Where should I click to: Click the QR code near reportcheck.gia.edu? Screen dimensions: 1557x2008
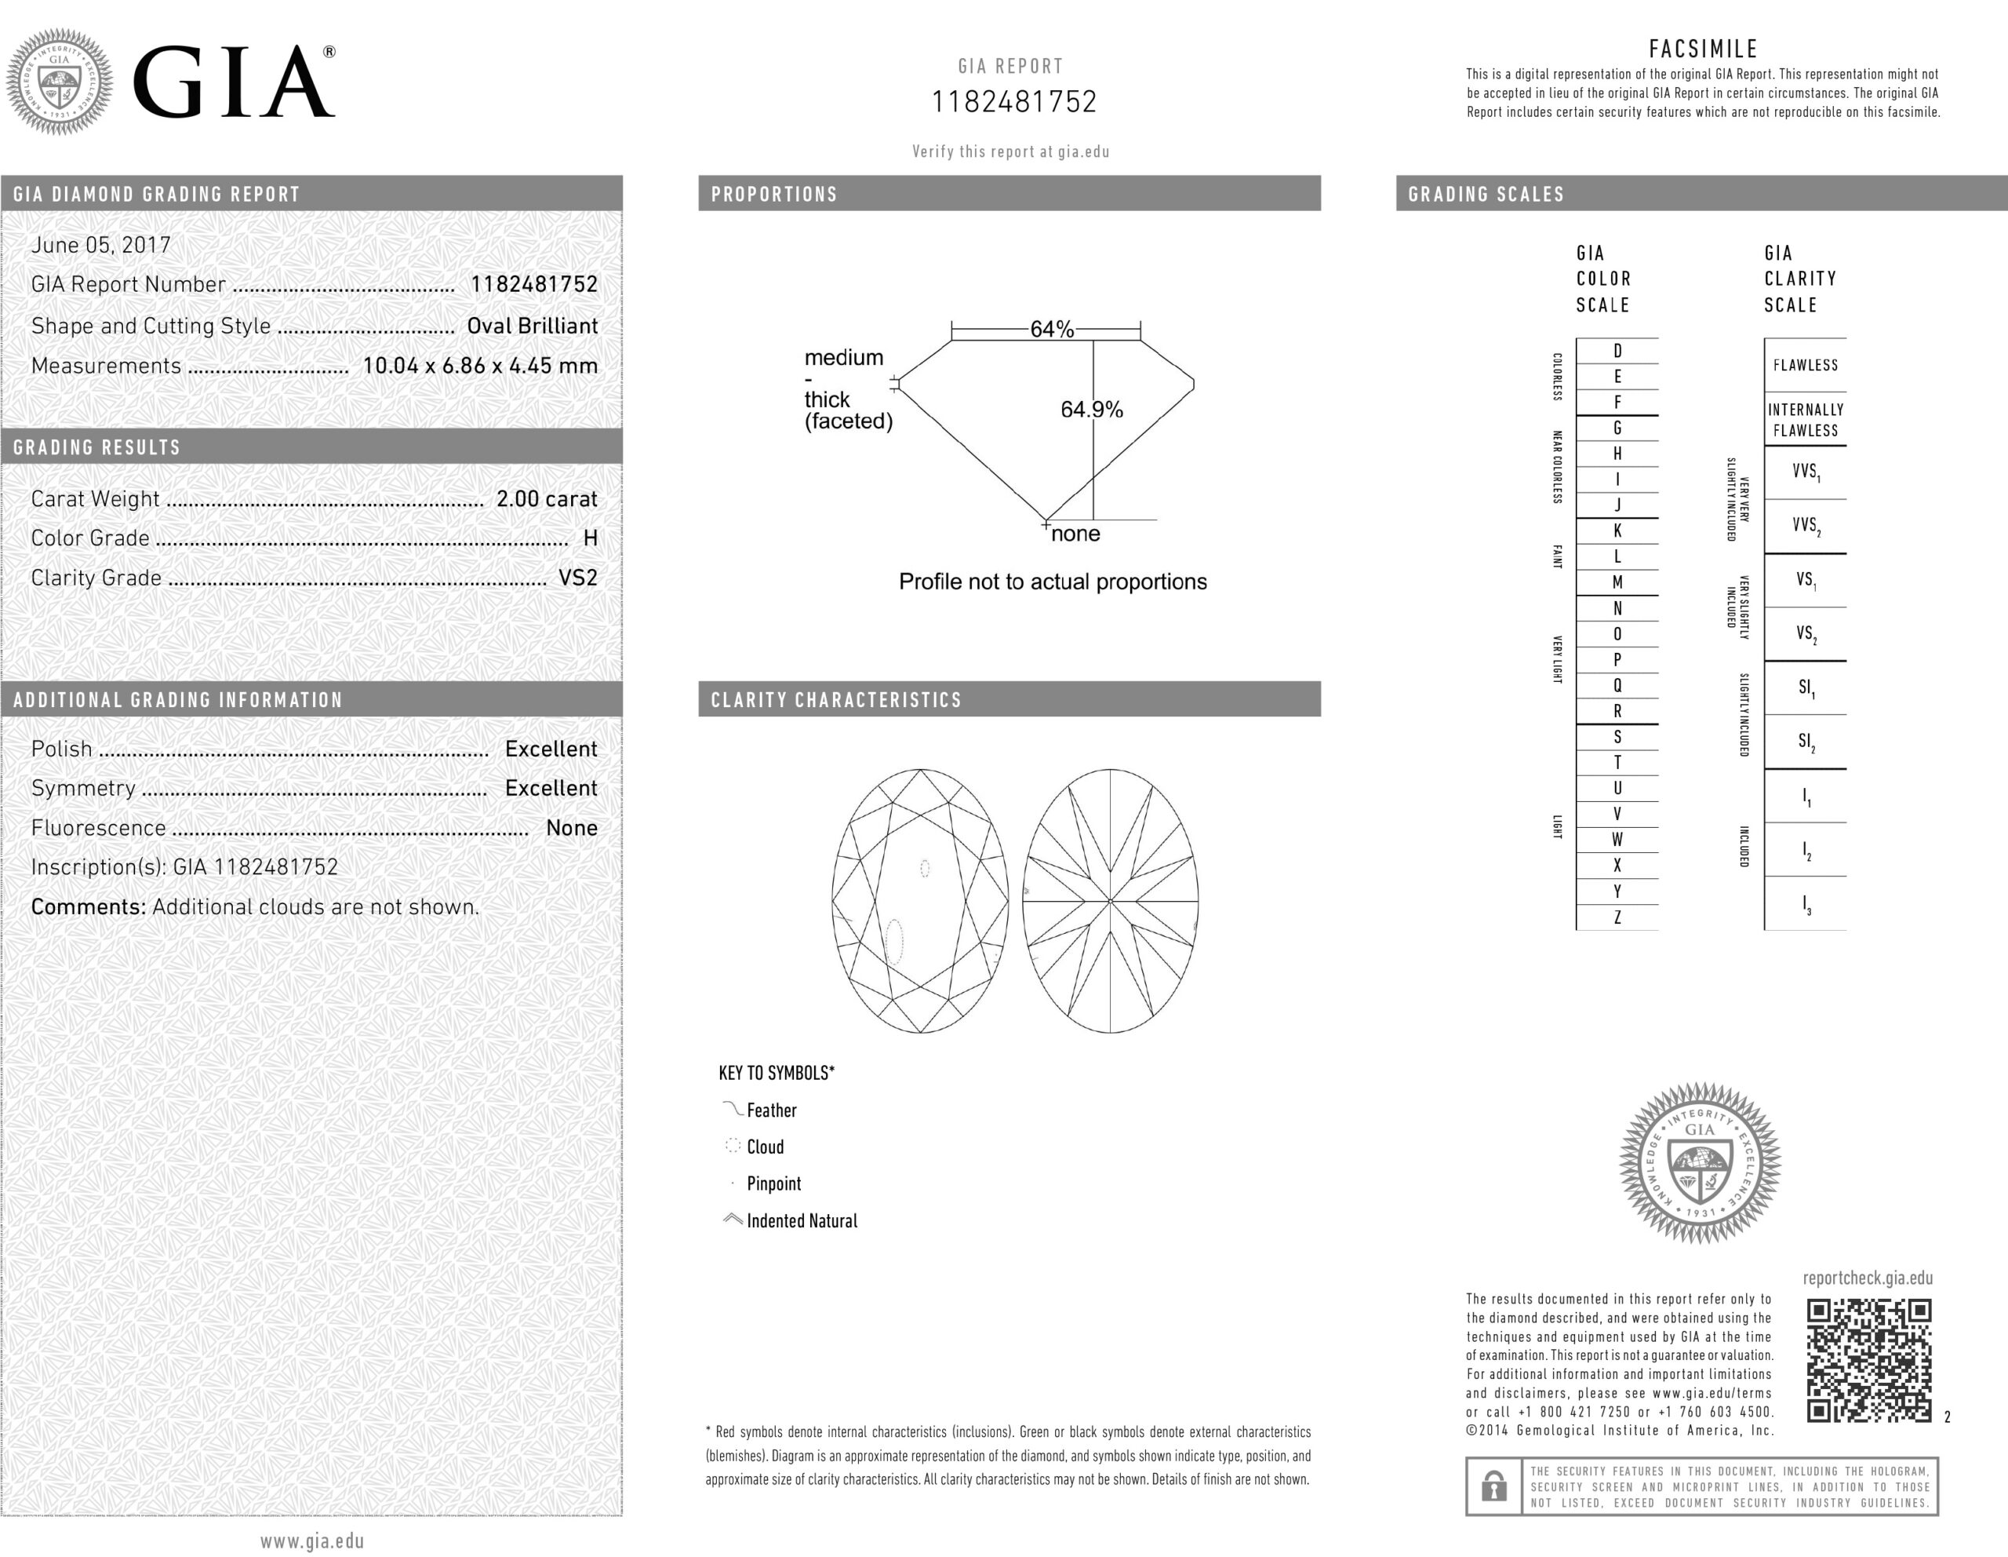click(x=1868, y=1360)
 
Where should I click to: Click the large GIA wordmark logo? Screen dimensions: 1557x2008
click(x=235, y=82)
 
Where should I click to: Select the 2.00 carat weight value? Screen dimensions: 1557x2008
click(x=546, y=498)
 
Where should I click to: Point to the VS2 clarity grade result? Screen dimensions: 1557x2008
click(x=577, y=578)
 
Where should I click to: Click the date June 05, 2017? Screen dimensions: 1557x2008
click(x=101, y=245)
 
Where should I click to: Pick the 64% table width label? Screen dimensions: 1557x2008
click(x=1051, y=330)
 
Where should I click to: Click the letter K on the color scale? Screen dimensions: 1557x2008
click(x=1617, y=531)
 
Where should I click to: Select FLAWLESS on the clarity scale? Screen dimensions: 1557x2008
click(x=1805, y=365)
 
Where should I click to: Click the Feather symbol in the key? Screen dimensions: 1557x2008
click(x=733, y=1109)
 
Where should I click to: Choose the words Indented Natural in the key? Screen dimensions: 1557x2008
click(x=802, y=1220)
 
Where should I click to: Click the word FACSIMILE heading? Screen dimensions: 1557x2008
click(x=1703, y=49)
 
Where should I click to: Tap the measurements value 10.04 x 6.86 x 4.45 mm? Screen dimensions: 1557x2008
click(x=480, y=365)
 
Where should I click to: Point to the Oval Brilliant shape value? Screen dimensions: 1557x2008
click(x=533, y=326)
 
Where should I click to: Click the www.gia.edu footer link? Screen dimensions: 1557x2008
click(x=311, y=1541)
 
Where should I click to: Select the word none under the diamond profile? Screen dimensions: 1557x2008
click(x=1075, y=534)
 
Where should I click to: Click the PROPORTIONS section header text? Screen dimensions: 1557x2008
click(x=774, y=194)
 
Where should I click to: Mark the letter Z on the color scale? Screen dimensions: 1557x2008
click(x=1617, y=917)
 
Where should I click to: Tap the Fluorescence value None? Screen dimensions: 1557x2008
click(x=571, y=828)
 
